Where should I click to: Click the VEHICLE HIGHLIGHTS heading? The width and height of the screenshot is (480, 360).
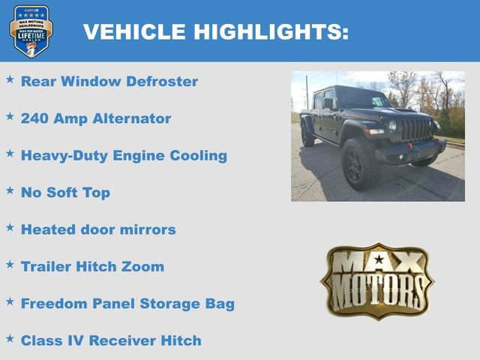click(215, 31)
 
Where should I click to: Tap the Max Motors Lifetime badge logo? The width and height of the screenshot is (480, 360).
click(31, 31)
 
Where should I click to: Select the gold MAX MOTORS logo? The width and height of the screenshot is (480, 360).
click(377, 280)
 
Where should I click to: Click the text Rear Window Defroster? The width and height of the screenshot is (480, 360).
click(109, 82)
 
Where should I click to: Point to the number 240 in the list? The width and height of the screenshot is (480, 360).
click(35, 118)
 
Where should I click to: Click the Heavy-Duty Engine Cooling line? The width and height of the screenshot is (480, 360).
click(124, 156)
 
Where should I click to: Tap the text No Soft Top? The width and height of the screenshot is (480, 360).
click(65, 193)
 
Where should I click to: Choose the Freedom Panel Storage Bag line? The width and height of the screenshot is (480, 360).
click(127, 304)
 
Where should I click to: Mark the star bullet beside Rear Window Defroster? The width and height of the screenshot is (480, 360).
click(10, 79)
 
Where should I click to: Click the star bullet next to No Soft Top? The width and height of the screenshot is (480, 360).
click(10, 190)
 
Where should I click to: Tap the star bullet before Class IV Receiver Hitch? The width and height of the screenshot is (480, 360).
click(10, 337)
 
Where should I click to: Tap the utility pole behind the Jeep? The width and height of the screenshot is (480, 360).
click(306, 92)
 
